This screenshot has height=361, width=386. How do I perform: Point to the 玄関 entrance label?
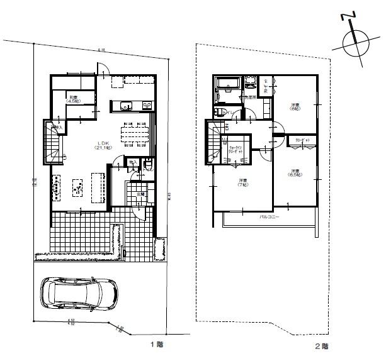click(x=140, y=194)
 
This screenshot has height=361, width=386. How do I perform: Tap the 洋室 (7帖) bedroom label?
click(x=243, y=183)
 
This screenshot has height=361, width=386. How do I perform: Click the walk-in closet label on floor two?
click(x=236, y=152)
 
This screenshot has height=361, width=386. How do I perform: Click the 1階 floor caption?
click(x=156, y=345)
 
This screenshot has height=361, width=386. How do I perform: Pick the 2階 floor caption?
click(x=321, y=345)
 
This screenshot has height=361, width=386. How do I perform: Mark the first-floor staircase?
click(x=51, y=142)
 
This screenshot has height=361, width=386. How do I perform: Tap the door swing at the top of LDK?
click(x=104, y=69)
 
